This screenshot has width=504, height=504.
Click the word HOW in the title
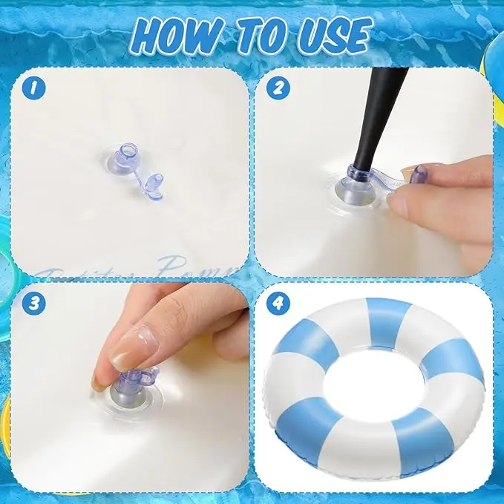tap(176, 35)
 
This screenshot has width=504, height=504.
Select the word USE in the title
tap(331, 35)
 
